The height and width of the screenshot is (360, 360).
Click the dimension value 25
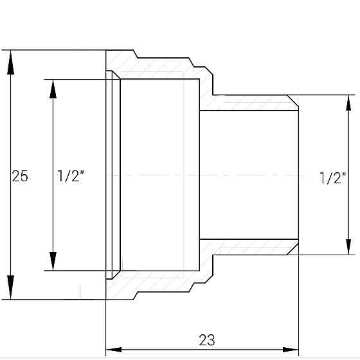point(20,175)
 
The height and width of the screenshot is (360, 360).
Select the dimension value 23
point(207,339)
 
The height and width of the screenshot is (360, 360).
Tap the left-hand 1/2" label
point(71,175)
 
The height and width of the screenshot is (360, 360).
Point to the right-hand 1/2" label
point(332,179)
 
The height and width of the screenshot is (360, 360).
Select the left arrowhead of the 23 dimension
point(114,350)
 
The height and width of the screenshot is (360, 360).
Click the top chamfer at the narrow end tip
point(293,101)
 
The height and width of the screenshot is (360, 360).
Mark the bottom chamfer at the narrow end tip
point(293,249)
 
